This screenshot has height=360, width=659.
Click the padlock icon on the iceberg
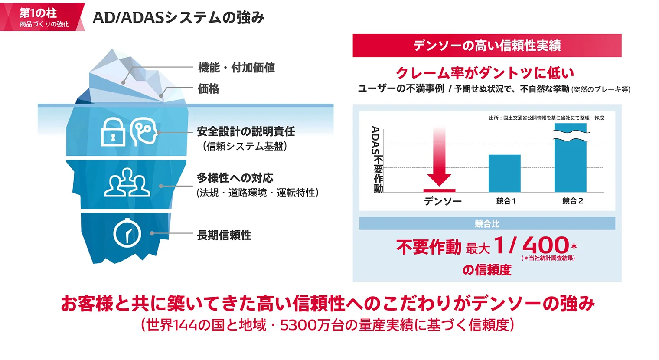click(113, 133)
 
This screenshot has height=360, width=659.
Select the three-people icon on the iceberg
click(127, 183)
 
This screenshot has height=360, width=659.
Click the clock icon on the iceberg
click(127, 234)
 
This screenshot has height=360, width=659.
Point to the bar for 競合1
click(504, 173)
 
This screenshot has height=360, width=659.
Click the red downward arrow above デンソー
click(439, 158)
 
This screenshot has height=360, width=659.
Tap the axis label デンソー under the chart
click(443, 201)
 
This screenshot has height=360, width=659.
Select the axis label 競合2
click(572, 201)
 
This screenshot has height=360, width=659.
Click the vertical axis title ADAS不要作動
click(377, 159)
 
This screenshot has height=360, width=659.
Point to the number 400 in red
click(545, 245)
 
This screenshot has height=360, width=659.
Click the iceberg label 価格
click(209, 89)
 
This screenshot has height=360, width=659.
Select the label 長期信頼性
click(224, 235)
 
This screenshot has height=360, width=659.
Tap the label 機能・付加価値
click(236, 68)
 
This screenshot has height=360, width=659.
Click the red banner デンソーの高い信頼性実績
click(486, 46)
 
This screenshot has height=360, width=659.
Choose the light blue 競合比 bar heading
click(487, 224)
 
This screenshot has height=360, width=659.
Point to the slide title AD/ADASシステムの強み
click(178, 17)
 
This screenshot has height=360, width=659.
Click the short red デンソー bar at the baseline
click(439, 190)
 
